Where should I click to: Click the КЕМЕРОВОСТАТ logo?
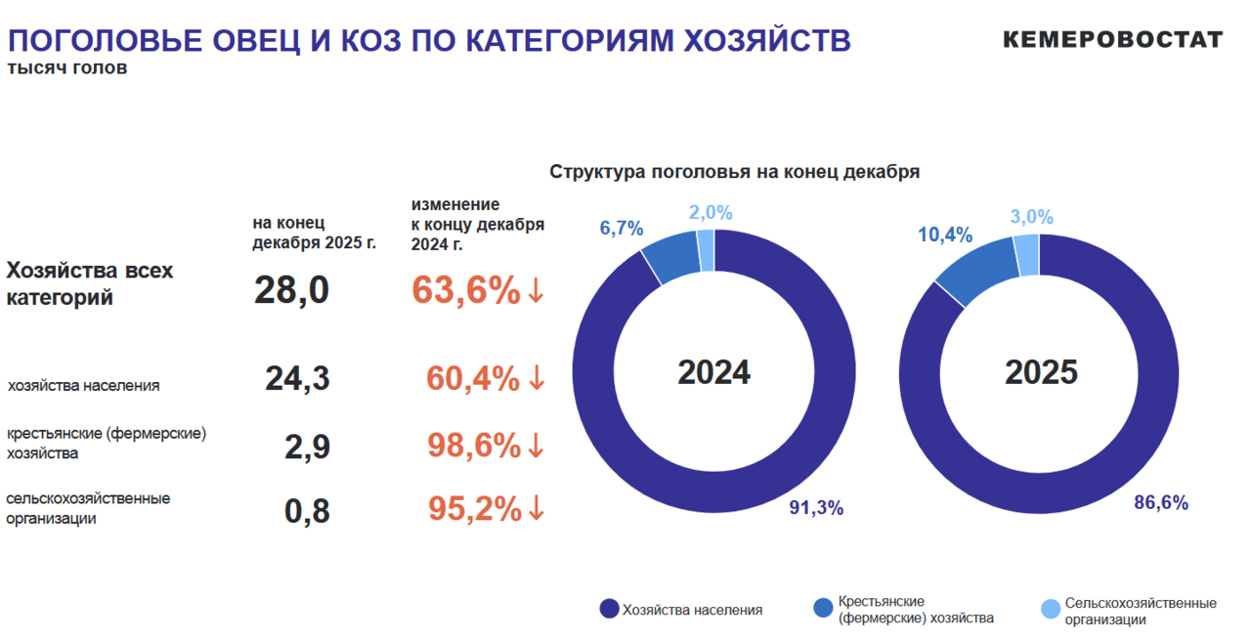[x=1112, y=40]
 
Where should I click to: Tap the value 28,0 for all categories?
[x=291, y=290]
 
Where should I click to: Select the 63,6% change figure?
[x=466, y=290]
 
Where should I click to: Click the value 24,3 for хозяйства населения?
[x=297, y=378]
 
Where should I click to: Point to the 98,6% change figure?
[x=474, y=446]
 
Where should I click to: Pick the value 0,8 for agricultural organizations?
[x=307, y=510]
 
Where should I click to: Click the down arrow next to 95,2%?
[x=536, y=509]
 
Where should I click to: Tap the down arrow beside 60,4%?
[x=536, y=378]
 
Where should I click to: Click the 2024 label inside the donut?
[x=713, y=372]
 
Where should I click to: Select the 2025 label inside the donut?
[x=1041, y=372]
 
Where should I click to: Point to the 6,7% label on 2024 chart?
[x=622, y=229]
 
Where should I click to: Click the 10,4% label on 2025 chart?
[x=945, y=235]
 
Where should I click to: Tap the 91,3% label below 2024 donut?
[x=816, y=508]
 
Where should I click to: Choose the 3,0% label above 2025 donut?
[x=1032, y=217]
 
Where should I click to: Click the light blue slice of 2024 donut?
[x=706, y=251]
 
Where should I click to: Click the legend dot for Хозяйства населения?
[x=609, y=610]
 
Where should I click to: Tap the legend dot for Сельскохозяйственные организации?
[x=1051, y=610]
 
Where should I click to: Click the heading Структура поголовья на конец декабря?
[x=734, y=172]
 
